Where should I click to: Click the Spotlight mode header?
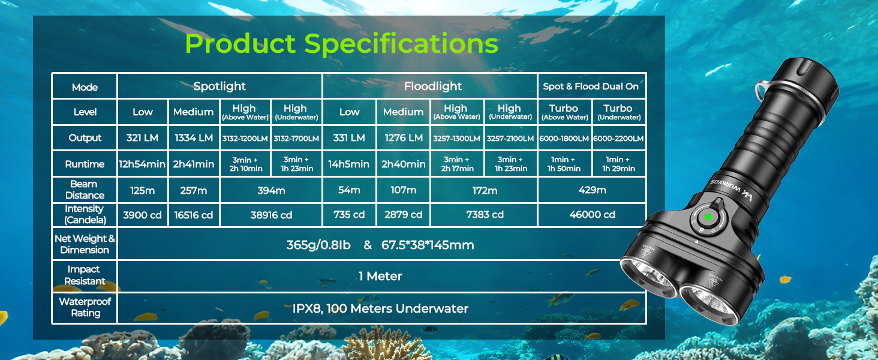click(220, 86)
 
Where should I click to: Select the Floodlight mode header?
click(433, 86)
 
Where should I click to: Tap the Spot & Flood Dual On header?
click(591, 86)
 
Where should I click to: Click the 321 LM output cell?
click(142, 137)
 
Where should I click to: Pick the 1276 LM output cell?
click(404, 137)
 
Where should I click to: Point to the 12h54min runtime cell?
click(142, 164)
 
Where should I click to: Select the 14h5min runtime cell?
click(349, 164)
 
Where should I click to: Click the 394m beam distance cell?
click(271, 191)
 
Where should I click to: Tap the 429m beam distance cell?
click(593, 190)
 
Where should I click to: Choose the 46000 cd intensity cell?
click(593, 215)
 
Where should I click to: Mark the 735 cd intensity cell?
click(349, 215)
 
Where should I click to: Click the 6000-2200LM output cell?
click(618, 139)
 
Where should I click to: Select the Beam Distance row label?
click(85, 190)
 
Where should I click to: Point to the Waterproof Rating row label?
click(85, 307)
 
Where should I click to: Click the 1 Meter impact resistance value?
click(380, 276)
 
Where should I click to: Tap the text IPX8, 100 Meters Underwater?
click(380, 308)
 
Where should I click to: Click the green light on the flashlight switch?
click(708, 217)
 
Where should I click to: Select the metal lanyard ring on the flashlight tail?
click(762, 91)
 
